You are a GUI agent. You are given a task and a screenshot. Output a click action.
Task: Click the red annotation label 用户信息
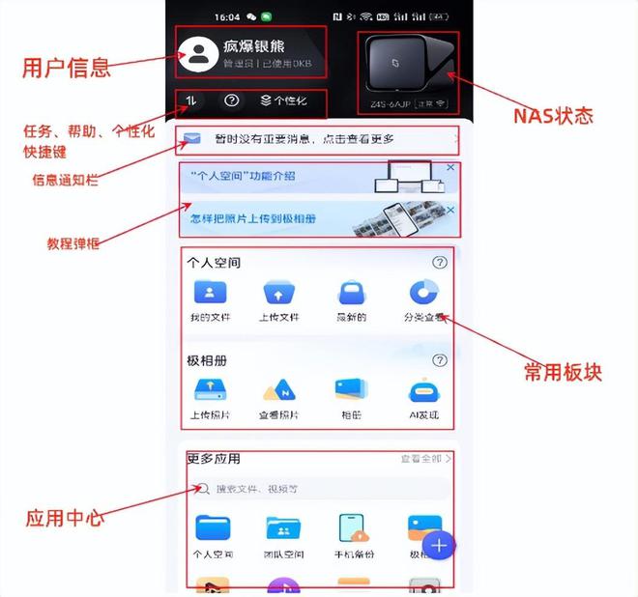67,68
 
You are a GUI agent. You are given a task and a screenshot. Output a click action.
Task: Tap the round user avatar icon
200,53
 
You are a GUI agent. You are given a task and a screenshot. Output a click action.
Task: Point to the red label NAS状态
552,116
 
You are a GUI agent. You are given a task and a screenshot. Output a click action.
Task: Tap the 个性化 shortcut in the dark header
283,100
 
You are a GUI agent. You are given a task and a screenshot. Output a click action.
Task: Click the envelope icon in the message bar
192,140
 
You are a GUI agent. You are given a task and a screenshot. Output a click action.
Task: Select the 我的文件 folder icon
210,293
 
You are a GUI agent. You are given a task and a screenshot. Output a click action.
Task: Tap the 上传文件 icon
278,293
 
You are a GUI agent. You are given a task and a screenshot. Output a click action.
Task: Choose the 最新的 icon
352,293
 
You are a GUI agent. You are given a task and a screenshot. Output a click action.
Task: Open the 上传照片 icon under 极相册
210,389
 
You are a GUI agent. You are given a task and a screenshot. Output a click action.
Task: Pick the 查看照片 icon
278,389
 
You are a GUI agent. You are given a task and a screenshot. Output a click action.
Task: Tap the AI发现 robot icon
424,389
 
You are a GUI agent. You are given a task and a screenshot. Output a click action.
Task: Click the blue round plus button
439,546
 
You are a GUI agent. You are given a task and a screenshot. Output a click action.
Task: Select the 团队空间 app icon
283,528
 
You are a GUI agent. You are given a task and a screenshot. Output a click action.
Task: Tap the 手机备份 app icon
355,528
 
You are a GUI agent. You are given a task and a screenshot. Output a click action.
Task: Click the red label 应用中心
65,518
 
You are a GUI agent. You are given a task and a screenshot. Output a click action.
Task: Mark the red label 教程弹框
73,242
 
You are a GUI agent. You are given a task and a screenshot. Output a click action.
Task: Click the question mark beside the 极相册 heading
440,360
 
